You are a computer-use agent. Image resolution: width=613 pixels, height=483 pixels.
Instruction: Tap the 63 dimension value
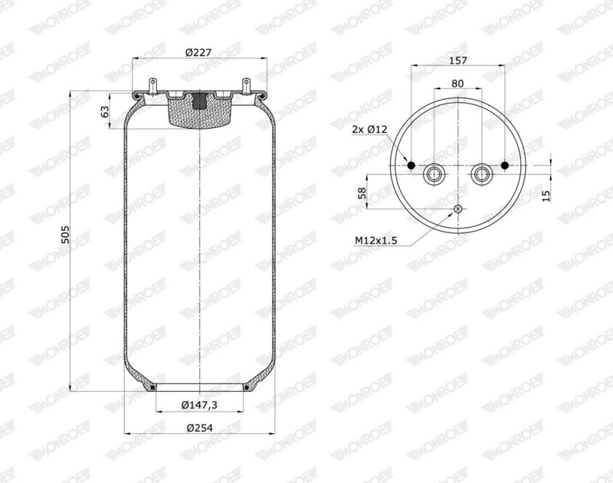tap(105, 112)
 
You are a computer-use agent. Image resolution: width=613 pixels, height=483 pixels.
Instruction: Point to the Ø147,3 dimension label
tap(199, 405)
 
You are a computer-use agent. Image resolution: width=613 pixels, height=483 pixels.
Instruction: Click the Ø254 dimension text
tap(199, 428)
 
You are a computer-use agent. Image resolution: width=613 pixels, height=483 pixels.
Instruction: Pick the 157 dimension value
tap(457, 61)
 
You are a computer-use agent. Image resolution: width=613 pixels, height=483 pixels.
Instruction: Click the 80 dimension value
tap(457, 84)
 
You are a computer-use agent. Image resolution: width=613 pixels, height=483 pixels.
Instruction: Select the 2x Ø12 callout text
tap(369, 130)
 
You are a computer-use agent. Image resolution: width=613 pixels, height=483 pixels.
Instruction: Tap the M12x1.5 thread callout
tap(375, 240)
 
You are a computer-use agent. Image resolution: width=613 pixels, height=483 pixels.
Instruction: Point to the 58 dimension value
tap(363, 192)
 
